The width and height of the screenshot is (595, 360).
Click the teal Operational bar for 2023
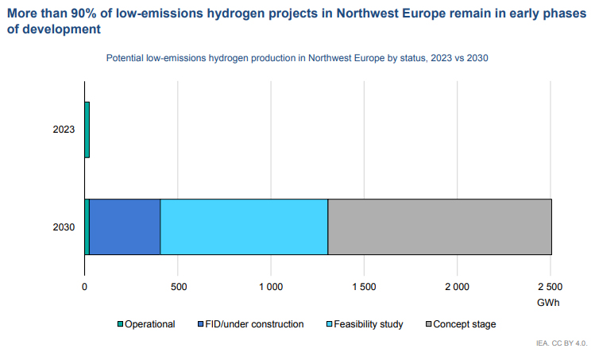pyautogui.click(x=87, y=130)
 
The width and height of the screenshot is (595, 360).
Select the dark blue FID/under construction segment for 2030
pyautogui.click(x=125, y=226)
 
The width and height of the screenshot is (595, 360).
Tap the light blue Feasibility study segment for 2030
pyautogui.click(x=244, y=226)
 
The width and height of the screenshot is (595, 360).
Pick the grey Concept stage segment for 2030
pyautogui.click(x=440, y=226)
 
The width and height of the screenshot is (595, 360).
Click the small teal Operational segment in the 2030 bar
pyautogui.click(x=87, y=226)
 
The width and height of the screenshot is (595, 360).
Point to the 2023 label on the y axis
pyautogui.click(x=64, y=130)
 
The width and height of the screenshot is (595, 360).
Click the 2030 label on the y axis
pyautogui.click(x=64, y=227)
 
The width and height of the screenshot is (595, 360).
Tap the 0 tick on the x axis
pyautogui.click(x=84, y=287)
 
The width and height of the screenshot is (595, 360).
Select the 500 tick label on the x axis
pyautogui.click(x=179, y=287)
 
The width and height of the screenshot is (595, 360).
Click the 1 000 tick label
pyautogui.click(x=271, y=287)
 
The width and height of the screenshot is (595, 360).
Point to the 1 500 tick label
pyautogui.click(x=364, y=287)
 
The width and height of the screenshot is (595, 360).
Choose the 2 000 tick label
pyautogui.click(x=457, y=287)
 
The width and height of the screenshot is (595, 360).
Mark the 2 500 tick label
pyautogui.click(x=551, y=287)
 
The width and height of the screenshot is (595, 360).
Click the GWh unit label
pyautogui.click(x=548, y=303)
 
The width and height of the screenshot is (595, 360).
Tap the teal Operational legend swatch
pyautogui.click(x=120, y=324)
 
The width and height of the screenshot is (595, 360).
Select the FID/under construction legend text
pyautogui.click(x=254, y=324)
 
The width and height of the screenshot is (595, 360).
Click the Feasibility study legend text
pyautogui.click(x=369, y=324)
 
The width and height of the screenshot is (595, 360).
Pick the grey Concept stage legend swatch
pyautogui.click(x=429, y=324)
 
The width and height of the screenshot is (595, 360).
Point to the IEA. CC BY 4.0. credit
pyautogui.click(x=562, y=343)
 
